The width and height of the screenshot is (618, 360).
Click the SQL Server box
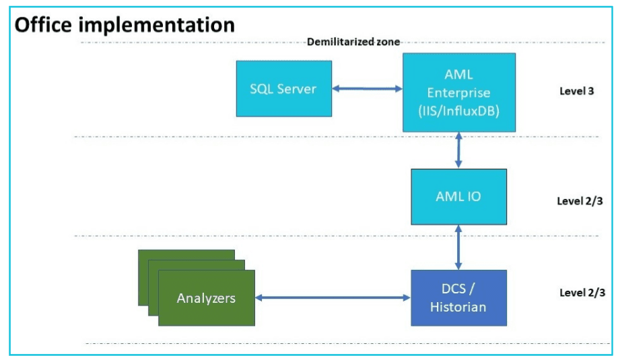[284, 89]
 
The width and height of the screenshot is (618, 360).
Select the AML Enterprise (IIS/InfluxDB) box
[458, 93]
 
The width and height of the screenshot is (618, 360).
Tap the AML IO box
[458, 197]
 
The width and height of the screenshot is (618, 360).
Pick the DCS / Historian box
[458, 298]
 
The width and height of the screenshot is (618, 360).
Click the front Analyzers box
[207, 298]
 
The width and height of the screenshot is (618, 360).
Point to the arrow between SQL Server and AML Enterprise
[368, 89]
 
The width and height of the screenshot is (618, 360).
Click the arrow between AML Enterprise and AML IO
[458, 151]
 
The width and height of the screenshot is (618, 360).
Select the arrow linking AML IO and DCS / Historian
[458, 248]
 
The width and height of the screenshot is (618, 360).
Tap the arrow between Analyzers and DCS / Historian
[333, 298]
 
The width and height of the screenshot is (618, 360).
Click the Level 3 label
[577, 91]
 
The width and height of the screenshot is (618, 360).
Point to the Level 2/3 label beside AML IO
[580, 201]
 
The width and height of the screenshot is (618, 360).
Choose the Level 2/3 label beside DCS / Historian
[582, 293]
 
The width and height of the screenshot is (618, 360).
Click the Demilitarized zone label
[353, 42]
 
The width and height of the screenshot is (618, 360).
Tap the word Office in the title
[43, 25]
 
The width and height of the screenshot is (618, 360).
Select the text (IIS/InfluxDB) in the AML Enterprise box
[458, 111]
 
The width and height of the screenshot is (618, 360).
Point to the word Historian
[458, 307]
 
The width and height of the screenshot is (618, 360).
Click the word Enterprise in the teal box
[458, 93]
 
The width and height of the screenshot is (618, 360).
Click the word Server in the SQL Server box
[297, 89]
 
